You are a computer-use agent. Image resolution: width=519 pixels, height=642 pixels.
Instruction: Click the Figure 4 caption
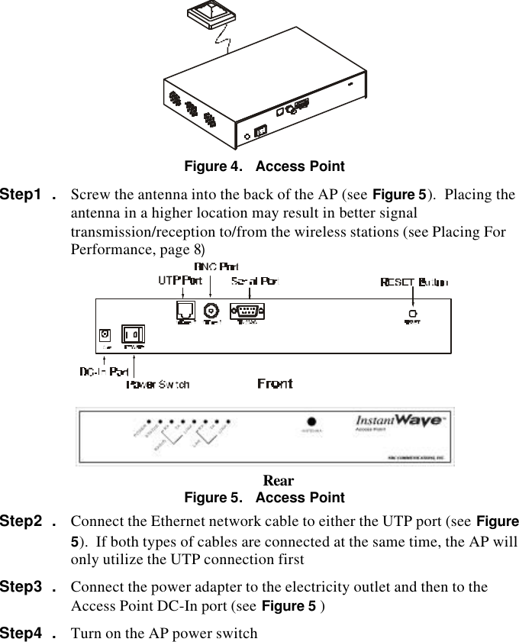point(264,166)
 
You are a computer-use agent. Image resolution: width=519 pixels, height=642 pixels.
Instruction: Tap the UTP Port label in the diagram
point(180,281)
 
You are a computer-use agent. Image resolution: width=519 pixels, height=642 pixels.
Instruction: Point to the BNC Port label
point(216,266)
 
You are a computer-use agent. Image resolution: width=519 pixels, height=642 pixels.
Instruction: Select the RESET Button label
point(414,282)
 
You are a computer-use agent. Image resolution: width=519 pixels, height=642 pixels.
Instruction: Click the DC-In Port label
point(104,372)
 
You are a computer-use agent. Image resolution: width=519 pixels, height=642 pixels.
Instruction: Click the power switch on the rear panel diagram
point(132,334)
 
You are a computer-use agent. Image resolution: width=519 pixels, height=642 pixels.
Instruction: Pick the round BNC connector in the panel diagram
point(211,311)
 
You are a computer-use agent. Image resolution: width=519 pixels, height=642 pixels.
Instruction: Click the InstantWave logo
point(397,421)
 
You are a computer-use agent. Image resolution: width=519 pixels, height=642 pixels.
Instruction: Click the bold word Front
point(274,383)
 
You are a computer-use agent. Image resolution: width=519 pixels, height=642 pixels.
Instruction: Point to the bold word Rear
point(278,481)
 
